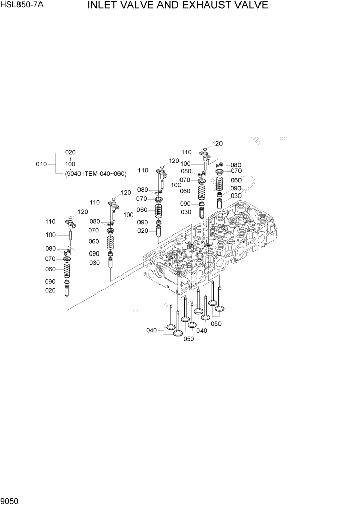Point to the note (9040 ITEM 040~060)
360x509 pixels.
[x=95, y=174]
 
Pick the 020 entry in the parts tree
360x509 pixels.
[x=70, y=152]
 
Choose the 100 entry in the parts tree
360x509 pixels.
[x=70, y=164]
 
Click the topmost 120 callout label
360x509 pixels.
[x=217, y=144]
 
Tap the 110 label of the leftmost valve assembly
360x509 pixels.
[x=50, y=222]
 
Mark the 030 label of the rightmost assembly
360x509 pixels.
[x=236, y=196]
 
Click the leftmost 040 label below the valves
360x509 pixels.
[x=151, y=331]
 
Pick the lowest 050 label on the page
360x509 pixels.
[x=188, y=339]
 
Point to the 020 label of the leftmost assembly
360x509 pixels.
[x=50, y=291]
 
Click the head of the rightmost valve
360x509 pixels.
[x=219, y=308]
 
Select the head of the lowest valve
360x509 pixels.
[x=177, y=334]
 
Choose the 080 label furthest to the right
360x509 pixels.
[x=236, y=165]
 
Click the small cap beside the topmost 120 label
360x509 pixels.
[x=205, y=149]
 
